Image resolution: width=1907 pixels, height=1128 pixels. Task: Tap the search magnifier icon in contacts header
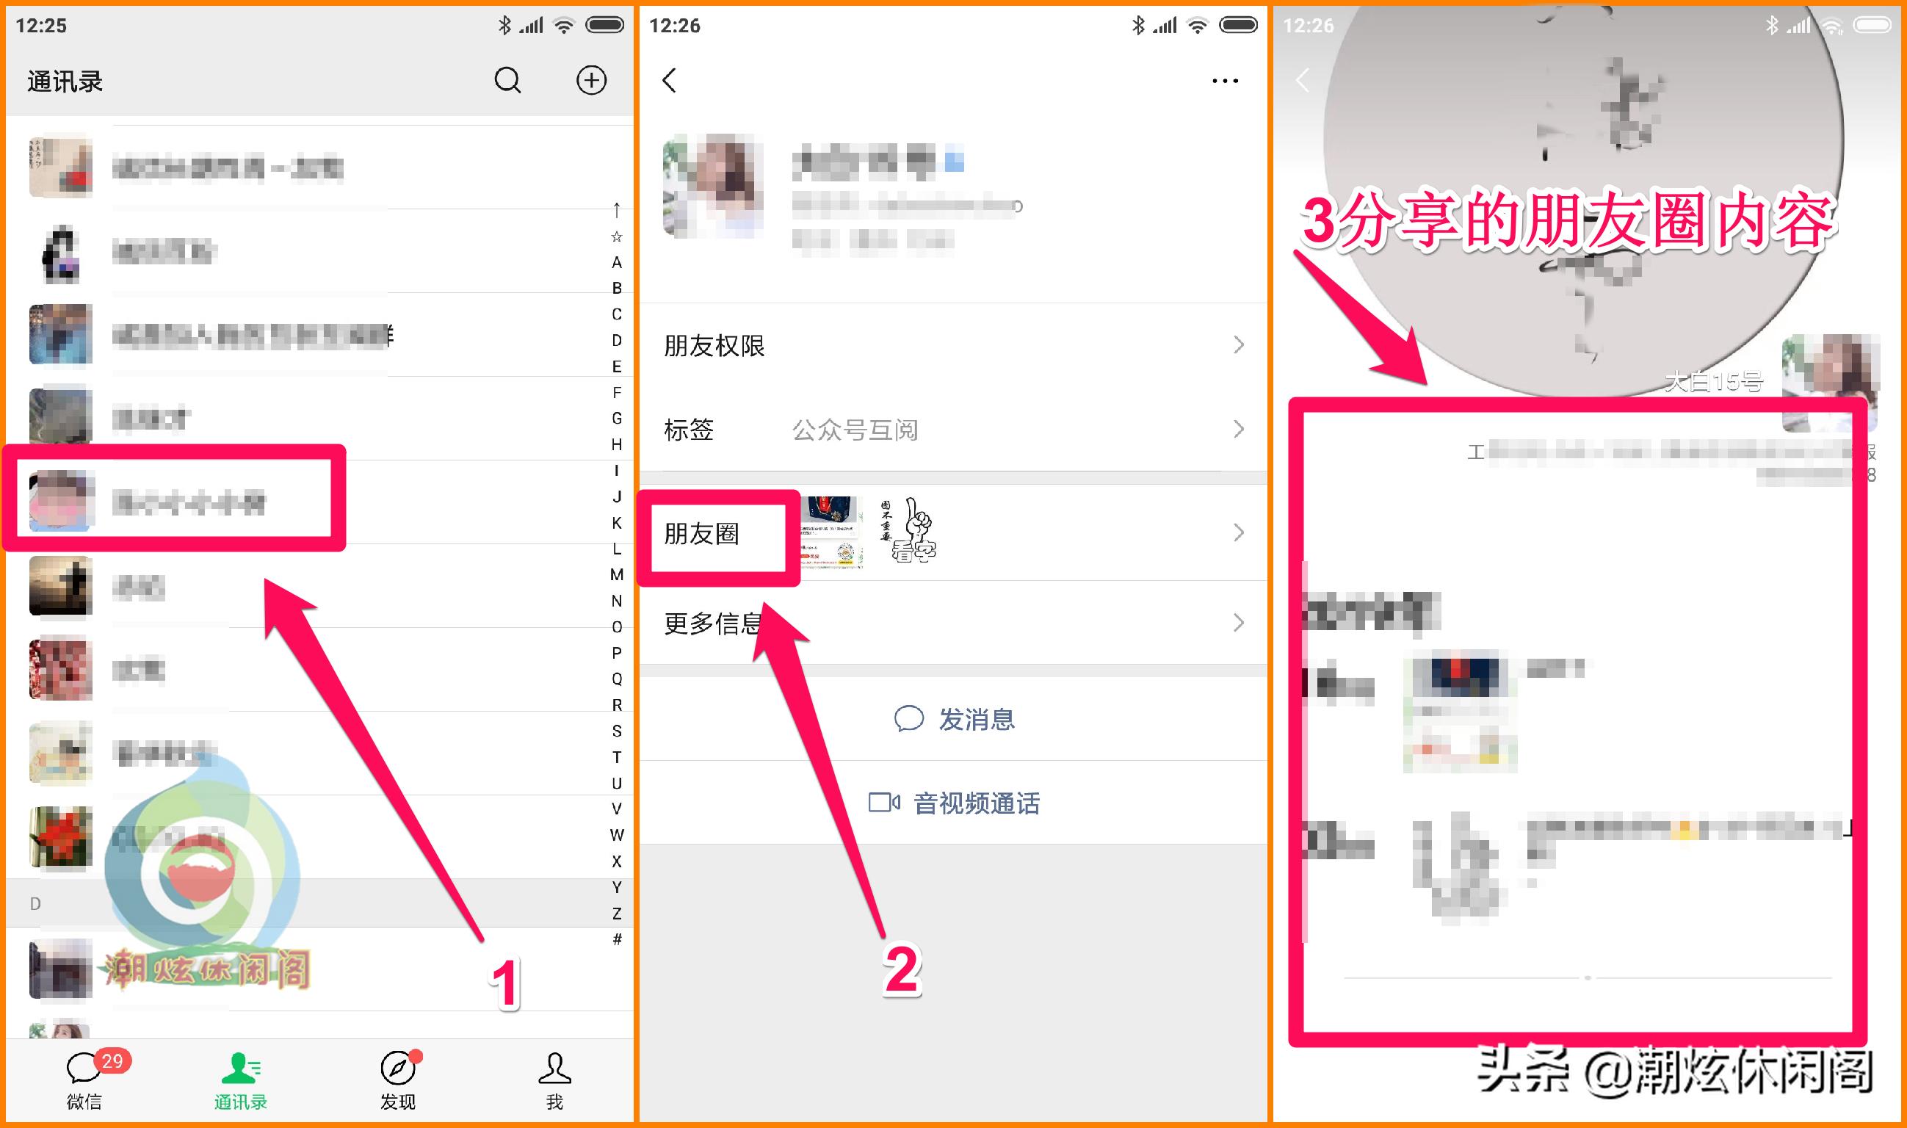tap(507, 80)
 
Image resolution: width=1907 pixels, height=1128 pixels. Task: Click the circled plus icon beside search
tap(590, 80)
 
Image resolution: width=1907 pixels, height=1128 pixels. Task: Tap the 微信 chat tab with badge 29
tap(84, 1080)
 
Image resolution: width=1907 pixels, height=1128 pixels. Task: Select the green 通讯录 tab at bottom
tap(240, 1080)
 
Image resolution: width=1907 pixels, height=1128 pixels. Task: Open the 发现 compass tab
tap(397, 1080)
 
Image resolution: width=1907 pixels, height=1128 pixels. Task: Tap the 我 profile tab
tap(554, 1080)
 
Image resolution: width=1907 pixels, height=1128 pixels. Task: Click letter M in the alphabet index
tap(616, 574)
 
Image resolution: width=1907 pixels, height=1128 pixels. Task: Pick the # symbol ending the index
tap(616, 939)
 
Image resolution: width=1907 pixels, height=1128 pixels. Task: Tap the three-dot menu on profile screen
tap(1225, 81)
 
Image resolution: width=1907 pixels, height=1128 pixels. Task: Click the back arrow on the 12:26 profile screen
tap(670, 81)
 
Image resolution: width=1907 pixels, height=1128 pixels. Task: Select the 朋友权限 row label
tap(714, 346)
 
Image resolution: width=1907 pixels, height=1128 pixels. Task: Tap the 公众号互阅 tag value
tap(854, 430)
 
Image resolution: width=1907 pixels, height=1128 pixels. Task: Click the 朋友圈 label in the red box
tap(701, 534)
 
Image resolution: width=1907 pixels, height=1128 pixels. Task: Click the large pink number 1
tap(504, 983)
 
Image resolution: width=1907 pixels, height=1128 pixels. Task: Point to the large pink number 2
tap(902, 969)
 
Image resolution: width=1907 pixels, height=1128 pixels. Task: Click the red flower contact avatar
tap(61, 837)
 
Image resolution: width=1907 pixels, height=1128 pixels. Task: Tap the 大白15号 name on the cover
tap(1713, 382)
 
